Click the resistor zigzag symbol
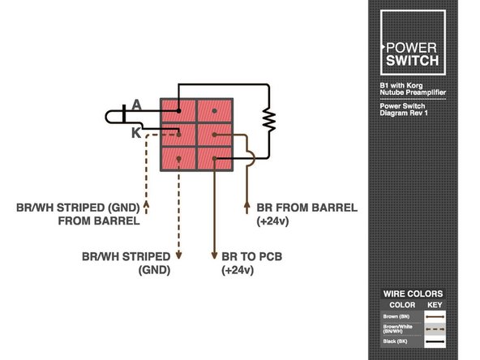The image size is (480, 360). point(269,120)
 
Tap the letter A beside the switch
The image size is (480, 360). point(136,104)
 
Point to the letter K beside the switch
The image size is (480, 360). point(135,131)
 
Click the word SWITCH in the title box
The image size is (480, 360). point(412,60)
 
